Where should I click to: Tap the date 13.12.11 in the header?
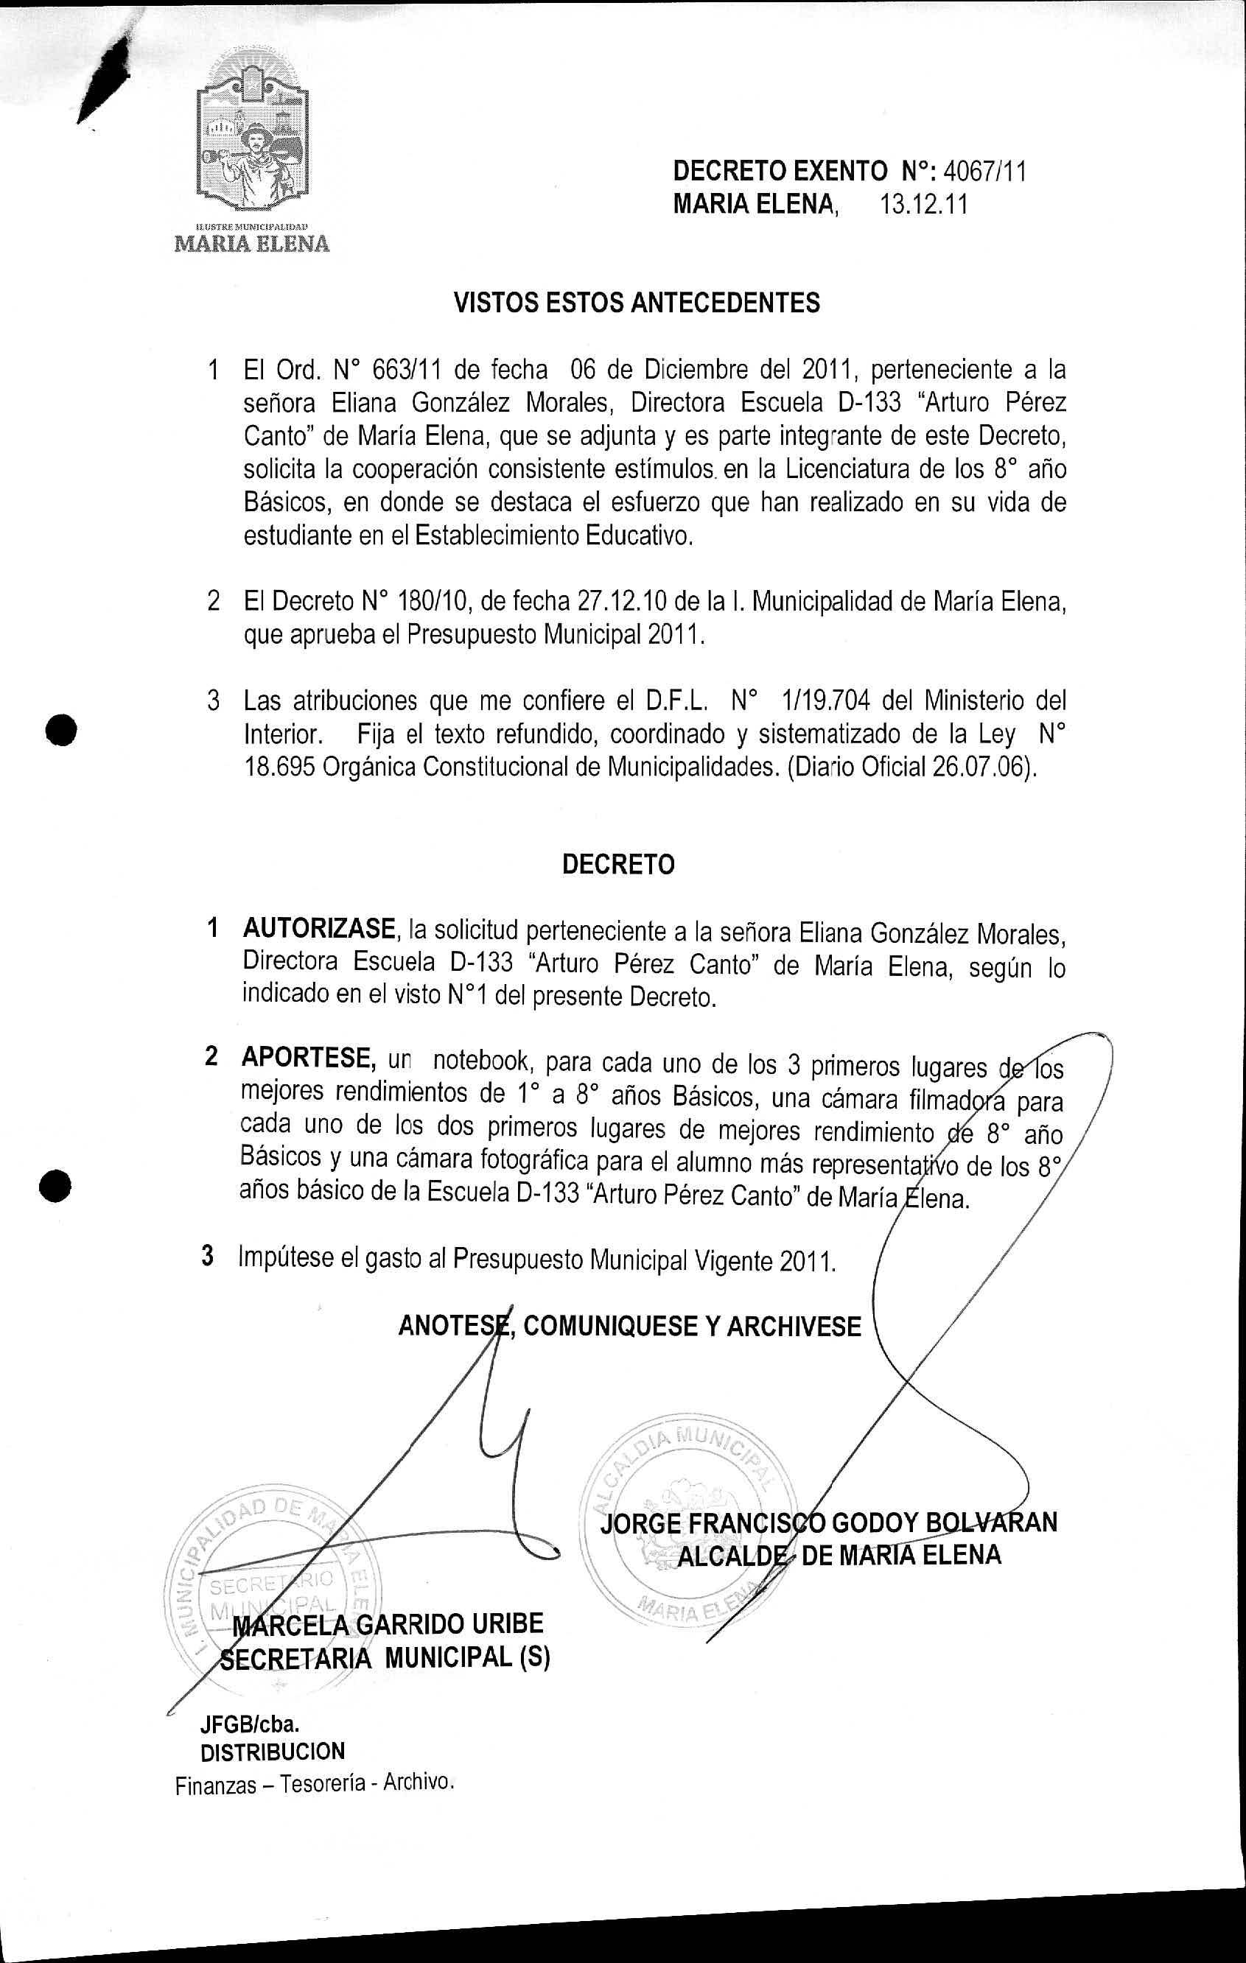coord(924,204)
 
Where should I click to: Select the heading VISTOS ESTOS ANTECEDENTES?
coord(636,303)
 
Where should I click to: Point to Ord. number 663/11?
coord(407,371)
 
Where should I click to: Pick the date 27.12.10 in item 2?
coord(619,602)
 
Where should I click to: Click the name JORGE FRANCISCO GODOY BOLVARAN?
coord(828,1523)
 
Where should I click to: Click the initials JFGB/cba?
coord(250,1725)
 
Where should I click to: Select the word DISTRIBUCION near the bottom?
coord(273,1752)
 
